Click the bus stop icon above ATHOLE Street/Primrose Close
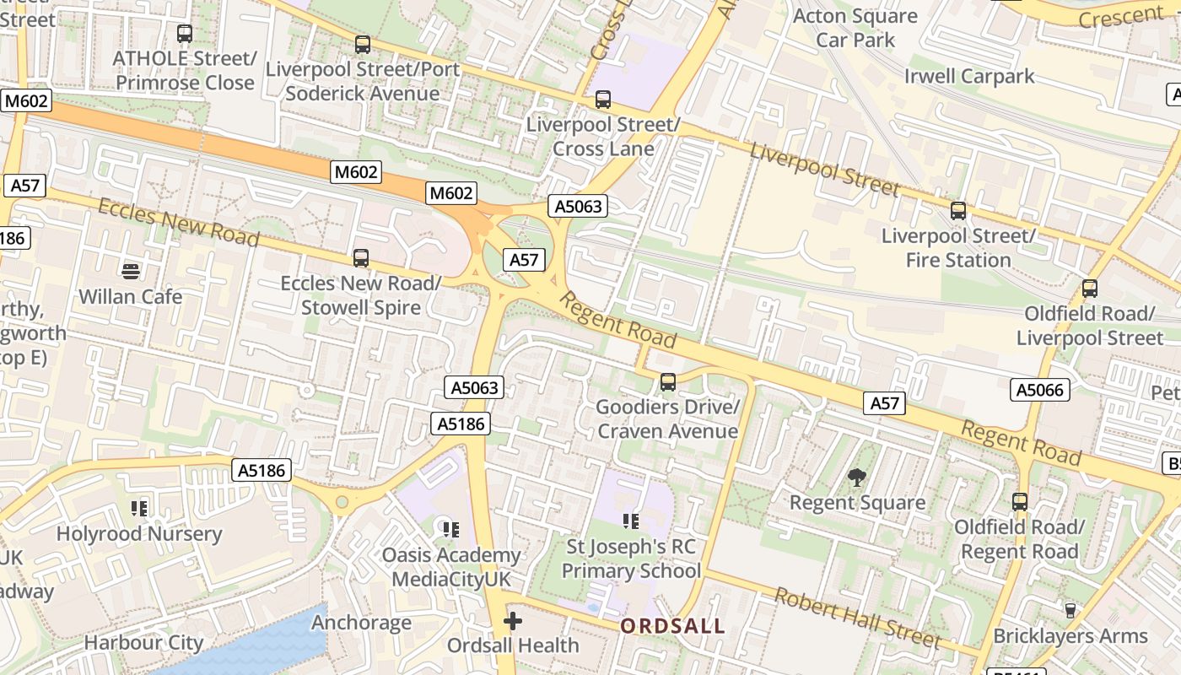click(x=185, y=35)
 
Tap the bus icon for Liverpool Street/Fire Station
click(x=958, y=211)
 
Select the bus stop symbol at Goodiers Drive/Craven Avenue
click(x=668, y=382)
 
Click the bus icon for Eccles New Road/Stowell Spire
click(x=361, y=258)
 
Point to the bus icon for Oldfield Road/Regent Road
click(x=1020, y=502)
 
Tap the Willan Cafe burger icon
click(x=131, y=272)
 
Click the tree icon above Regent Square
click(x=857, y=478)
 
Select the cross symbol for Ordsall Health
click(x=513, y=622)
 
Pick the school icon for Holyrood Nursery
click(x=139, y=508)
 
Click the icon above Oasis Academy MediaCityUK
click(x=451, y=529)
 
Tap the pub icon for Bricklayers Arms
click(x=1070, y=610)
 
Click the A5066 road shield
click(x=1040, y=390)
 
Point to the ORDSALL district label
click(x=672, y=626)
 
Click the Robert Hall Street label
click(x=857, y=618)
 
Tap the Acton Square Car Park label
click(x=855, y=28)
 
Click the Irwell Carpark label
click(x=969, y=76)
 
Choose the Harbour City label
click(x=143, y=643)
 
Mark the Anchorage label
click(x=361, y=623)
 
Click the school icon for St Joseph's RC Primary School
click(x=631, y=521)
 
